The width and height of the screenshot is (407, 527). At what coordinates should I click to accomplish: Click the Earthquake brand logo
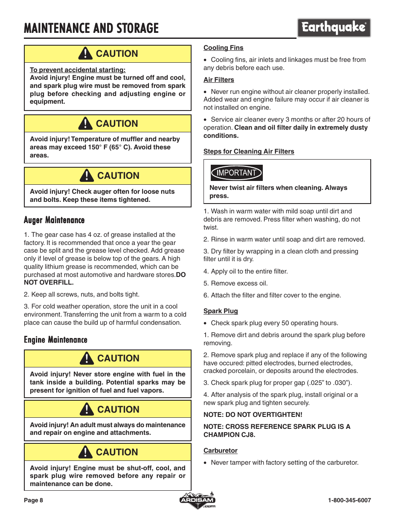[x=334, y=28]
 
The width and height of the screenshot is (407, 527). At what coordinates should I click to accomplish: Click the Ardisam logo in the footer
[x=197, y=500]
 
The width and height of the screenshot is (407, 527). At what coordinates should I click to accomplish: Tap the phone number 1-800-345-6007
[x=349, y=500]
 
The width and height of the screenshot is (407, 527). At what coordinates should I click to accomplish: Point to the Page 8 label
[x=33, y=500]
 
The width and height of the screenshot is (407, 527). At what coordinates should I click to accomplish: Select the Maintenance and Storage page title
[x=91, y=29]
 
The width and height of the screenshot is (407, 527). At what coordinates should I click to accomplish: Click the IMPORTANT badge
[x=236, y=173]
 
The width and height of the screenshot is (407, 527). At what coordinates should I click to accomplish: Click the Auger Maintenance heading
[x=54, y=220]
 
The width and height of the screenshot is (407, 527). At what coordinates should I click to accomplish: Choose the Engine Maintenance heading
[x=55, y=340]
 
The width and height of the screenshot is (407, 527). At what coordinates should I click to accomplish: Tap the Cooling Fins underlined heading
[x=223, y=48]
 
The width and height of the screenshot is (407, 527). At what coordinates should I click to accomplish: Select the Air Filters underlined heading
[x=218, y=80]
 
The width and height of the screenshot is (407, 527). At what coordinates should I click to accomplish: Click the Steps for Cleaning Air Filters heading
[x=249, y=151]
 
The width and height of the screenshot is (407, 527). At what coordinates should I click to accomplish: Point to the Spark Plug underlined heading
[x=221, y=311]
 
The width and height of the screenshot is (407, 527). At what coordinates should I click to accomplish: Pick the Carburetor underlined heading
[x=220, y=451]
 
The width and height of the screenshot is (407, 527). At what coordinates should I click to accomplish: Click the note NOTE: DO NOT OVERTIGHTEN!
[x=253, y=415]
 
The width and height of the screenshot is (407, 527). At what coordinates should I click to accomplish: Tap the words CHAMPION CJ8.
[x=229, y=435]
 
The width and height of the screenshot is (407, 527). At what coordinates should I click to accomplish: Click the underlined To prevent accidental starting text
[x=78, y=70]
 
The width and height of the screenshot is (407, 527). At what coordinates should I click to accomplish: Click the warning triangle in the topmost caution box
[x=85, y=53]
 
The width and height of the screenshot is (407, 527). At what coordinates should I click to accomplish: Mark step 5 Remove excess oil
[x=235, y=283]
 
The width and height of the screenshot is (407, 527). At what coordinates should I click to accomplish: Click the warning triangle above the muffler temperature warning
[x=85, y=123]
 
